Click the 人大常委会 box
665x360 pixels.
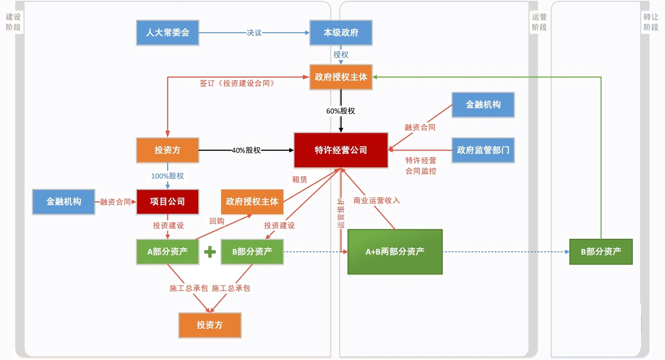168,33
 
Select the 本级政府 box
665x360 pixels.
341,33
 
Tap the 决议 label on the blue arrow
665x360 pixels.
254,33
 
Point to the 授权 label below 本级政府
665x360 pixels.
341,55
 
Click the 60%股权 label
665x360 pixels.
341,111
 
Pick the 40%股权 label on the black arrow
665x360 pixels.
246,150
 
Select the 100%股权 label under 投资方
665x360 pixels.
168,176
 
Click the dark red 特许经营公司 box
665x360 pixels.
341,150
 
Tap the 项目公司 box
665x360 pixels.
168,202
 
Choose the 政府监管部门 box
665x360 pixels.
483,150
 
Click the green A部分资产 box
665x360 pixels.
168,252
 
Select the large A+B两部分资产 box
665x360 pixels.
395,252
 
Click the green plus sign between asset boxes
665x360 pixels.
210,252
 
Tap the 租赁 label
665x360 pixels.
299,180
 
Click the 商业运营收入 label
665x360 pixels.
377,201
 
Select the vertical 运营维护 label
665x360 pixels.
341,213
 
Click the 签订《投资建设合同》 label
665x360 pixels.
237,83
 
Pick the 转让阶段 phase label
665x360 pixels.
651,22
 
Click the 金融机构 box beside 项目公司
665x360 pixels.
64,202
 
